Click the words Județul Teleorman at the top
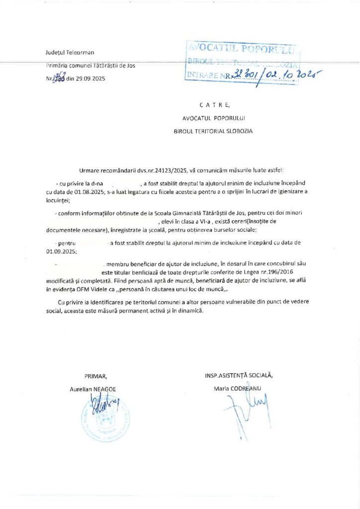(x=70, y=52)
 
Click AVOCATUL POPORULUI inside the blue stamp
(x=241, y=49)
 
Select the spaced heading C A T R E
(x=214, y=105)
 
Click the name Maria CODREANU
(x=237, y=388)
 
